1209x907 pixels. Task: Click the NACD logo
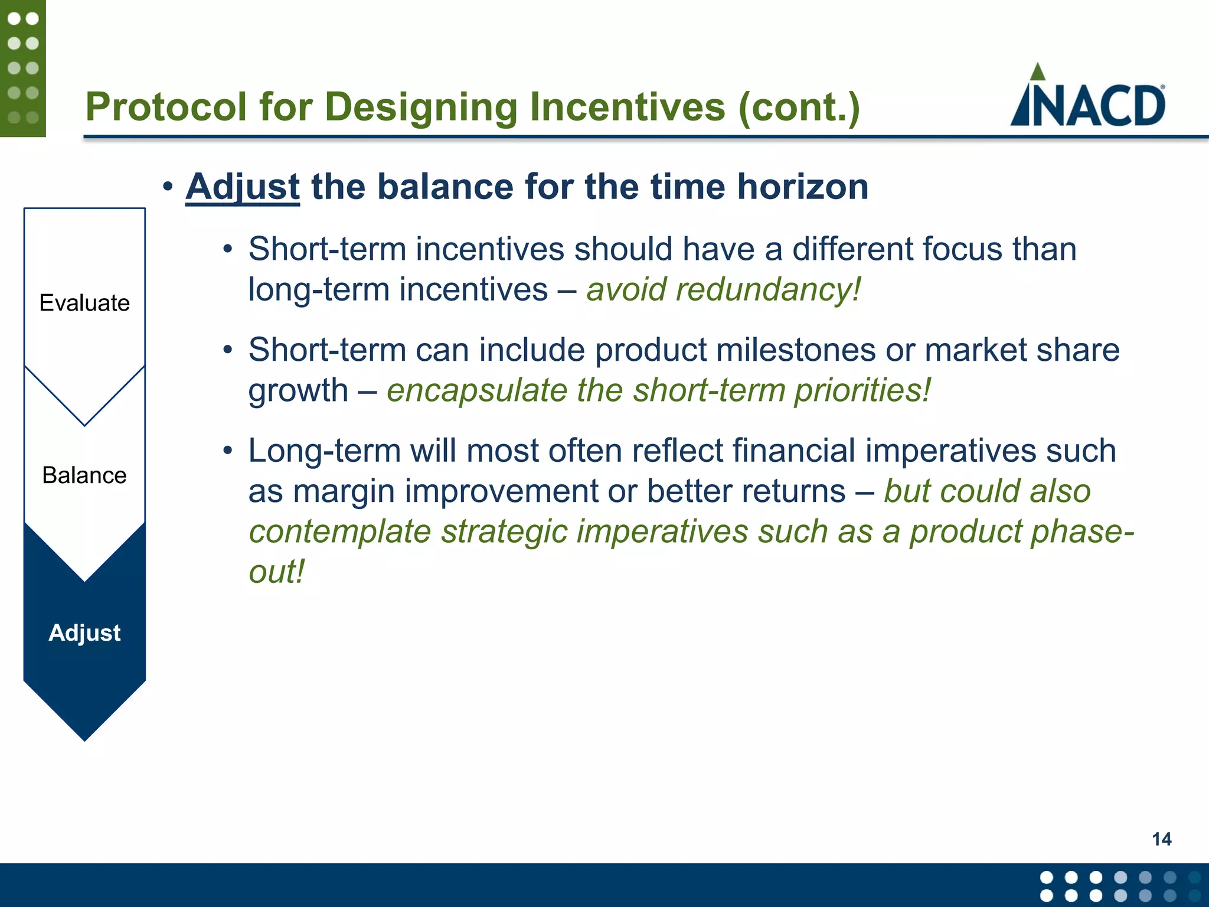click(1088, 97)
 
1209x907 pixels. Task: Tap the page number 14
click(1161, 839)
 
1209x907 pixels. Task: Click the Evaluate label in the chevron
click(84, 303)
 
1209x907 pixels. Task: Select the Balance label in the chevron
click(84, 475)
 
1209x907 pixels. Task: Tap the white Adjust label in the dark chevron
click(84, 632)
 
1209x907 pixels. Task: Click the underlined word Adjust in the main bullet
click(243, 187)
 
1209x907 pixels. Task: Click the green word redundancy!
click(768, 290)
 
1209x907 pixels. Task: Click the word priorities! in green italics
click(862, 390)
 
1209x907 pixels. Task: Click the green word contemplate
click(339, 531)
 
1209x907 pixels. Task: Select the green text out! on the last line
click(276, 572)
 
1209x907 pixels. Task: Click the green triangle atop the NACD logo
click(1037, 72)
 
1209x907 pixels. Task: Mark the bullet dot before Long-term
click(228, 451)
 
